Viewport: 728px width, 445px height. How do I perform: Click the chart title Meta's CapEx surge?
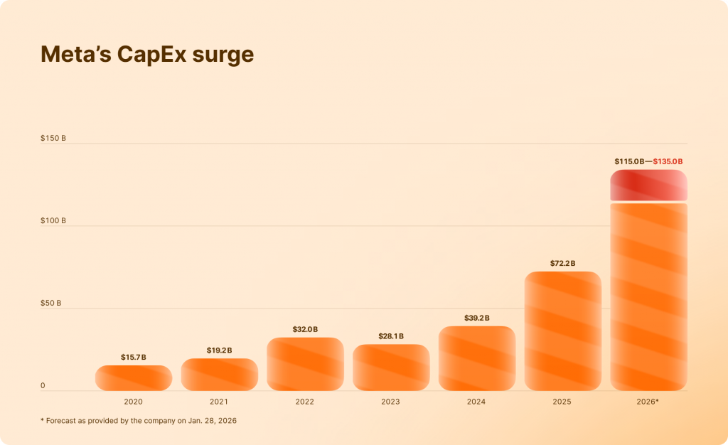[147, 55]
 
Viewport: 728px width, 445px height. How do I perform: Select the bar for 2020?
[134, 378]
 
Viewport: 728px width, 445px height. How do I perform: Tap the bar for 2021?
[219, 375]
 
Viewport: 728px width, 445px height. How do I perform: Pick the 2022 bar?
[305, 364]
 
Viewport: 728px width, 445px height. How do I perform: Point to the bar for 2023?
[391, 368]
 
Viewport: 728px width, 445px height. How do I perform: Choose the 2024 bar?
[476, 358]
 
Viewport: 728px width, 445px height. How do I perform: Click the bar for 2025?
[562, 331]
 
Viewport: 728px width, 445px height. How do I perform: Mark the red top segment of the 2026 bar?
[648, 185]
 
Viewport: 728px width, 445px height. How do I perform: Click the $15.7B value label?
[134, 357]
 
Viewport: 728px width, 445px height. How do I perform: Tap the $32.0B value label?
[305, 329]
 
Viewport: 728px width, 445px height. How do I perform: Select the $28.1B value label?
[391, 336]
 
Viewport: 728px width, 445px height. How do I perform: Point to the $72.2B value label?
[562, 264]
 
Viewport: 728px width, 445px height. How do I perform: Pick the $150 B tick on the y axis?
[53, 138]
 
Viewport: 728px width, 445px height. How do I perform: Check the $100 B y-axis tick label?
[53, 221]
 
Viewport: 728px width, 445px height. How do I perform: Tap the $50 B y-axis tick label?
[51, 304]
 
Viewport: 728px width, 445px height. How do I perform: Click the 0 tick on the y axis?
[43, 386]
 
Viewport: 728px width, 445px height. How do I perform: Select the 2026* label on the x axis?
[648, 402]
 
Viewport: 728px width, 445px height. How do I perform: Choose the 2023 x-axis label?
[390, 402]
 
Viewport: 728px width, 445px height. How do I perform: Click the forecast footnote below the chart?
[139, 421]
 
